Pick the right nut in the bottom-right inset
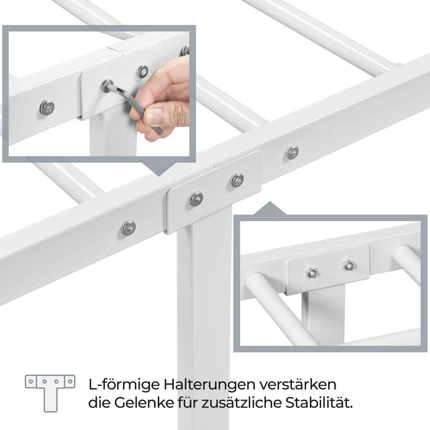click(348, 265)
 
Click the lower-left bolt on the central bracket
click(196, 198)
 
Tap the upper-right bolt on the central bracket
click(237, 180)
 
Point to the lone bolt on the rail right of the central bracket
click(292, 152)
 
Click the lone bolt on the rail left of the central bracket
click(128, 227)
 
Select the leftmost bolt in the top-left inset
click(47, 108)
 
